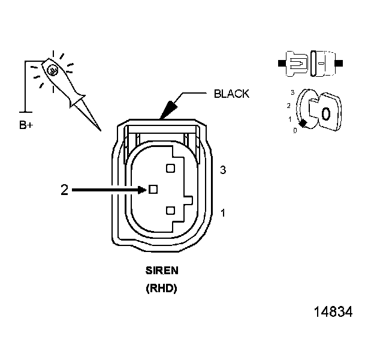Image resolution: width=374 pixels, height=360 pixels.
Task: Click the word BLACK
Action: coord(231,94)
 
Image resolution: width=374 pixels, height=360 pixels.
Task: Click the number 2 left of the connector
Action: coord(64,190)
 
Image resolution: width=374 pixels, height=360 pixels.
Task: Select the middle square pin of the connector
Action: coord(153,189)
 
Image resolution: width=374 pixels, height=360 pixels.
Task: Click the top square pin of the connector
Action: coord(170,169)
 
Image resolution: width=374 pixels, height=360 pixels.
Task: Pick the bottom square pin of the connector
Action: coord(170,210)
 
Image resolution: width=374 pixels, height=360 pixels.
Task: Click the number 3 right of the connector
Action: coord(223,170)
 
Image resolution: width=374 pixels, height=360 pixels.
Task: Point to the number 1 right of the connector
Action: coord(223,213)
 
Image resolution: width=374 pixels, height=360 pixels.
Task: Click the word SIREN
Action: coord(161,271)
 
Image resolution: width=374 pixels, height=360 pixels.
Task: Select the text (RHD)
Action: coord(161,289)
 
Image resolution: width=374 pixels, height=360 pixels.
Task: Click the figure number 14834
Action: coord(332,313)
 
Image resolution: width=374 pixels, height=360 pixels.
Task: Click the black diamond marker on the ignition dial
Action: coord(303,123)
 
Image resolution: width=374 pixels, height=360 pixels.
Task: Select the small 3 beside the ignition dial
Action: coord(292,93)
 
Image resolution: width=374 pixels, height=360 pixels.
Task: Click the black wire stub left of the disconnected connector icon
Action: coord(282,62)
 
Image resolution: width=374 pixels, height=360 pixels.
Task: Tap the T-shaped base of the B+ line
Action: coord(24,111)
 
